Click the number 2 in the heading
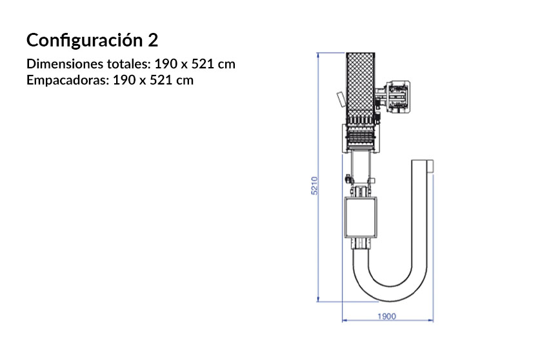click(x=152, y=40)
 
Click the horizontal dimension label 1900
click(x=386, y=317)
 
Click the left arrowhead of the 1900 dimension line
click(x=344, y=319)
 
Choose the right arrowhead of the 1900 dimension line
click(x=432, y=319)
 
